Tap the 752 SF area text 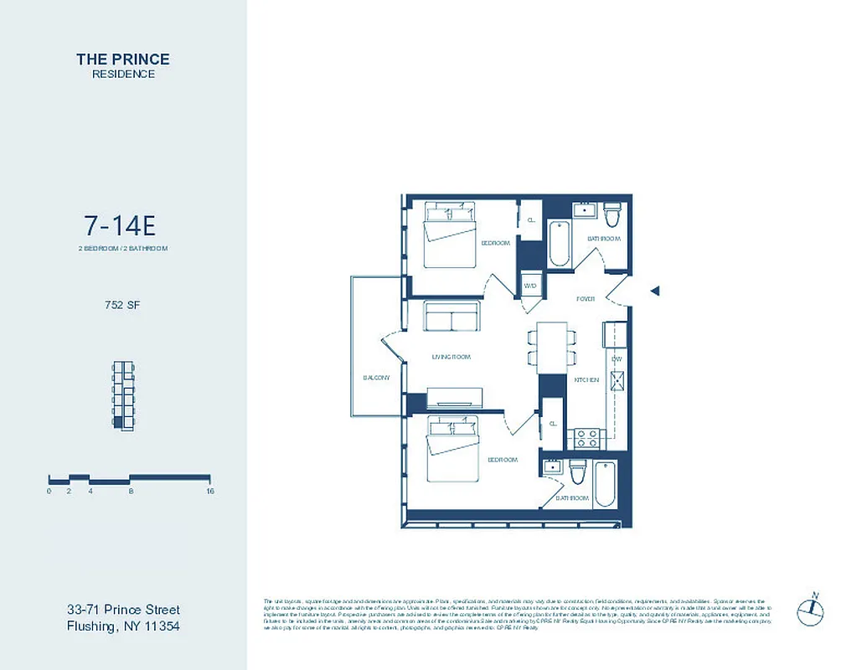click(x=122, y=306)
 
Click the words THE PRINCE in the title click(x=122, y=59)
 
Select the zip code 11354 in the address click(x=157, y=626)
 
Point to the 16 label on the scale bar click(x=209, y=492)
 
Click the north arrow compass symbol click(x=810, y=609)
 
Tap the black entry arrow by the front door click(x=656, y=291)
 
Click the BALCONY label click(x=376, y=378)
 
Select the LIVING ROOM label click(x=451, y=358)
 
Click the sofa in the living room click(x=451, y=317)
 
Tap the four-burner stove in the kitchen click(x=584, y=437)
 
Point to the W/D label click(x=530, y=286)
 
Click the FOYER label click(x=585, y=299)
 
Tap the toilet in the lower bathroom click(x=576, y=473)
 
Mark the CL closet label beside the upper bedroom click(x=530, y=220)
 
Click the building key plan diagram click(x=123, y=396)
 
